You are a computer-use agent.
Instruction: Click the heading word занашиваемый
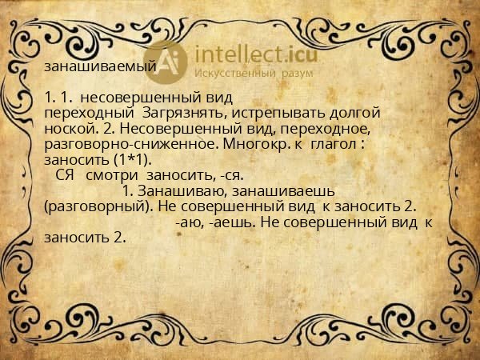pos(100,67)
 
